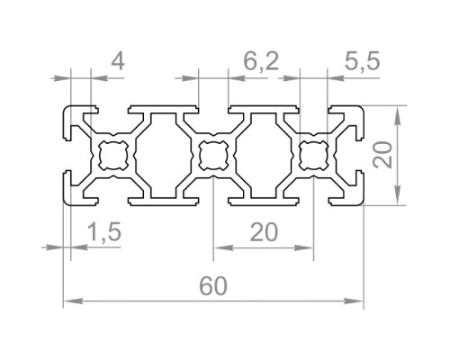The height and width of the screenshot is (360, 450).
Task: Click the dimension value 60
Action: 213,286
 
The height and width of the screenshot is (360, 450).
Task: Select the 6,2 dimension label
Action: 261,61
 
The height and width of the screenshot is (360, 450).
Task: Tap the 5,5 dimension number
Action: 362,61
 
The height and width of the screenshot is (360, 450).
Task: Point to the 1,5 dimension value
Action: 103,232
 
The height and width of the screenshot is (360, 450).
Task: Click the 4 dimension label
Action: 118,62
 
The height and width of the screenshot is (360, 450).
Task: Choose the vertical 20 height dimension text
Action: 382,155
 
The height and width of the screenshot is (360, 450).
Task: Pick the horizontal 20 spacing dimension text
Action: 264,232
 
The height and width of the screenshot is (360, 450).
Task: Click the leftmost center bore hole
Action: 113,156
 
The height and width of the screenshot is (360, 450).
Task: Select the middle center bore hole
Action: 213,156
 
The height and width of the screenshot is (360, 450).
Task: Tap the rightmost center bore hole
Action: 314,156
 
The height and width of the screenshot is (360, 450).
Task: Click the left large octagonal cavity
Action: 163,156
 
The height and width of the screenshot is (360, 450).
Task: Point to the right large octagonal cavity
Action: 264,156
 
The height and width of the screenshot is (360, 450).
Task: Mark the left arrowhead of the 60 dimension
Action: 73,301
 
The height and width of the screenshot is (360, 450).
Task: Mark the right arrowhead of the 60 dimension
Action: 354,301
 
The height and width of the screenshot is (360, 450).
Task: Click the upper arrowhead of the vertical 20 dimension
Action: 398,115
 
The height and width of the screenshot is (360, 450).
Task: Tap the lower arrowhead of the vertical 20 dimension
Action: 398,195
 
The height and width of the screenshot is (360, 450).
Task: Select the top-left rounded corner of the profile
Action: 67,110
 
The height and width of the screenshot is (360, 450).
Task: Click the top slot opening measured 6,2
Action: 213,109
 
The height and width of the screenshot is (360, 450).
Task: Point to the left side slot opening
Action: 67,156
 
